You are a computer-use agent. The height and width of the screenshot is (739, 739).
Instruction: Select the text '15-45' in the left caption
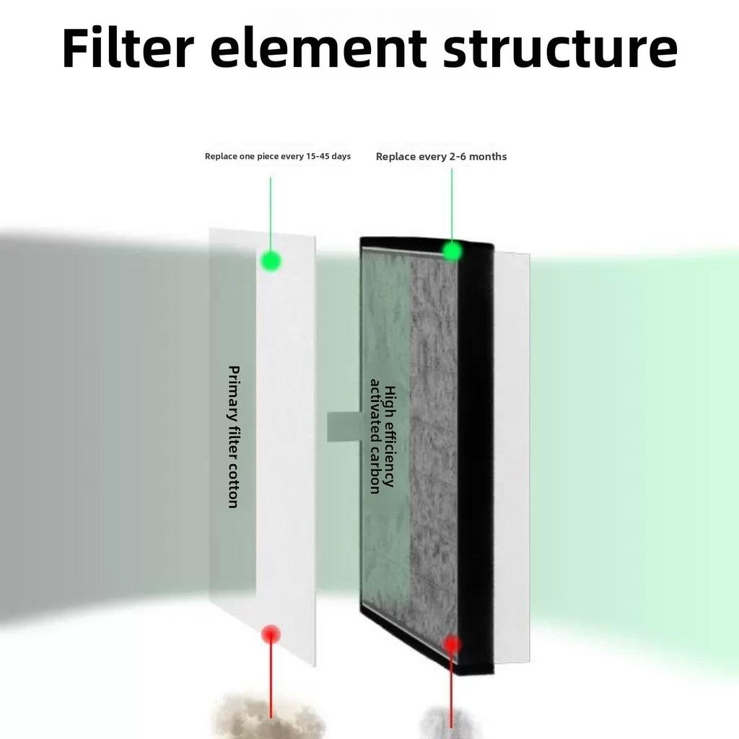(x=318, y=156)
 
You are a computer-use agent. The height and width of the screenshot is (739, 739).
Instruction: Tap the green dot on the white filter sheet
(x=271, y=261)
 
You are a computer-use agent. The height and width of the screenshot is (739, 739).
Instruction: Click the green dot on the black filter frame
(x=452, y=250)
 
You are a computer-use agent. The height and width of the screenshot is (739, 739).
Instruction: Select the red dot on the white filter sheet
(x=271, y=634)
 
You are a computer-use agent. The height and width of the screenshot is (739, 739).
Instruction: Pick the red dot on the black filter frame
(x=452, y=644)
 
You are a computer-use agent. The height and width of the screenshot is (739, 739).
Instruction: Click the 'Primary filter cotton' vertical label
(x=233, y=437)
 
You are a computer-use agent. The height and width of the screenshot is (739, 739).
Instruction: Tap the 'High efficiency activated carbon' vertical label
(x=382, y=436)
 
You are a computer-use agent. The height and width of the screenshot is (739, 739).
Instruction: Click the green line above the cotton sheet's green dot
(x=271, y=214)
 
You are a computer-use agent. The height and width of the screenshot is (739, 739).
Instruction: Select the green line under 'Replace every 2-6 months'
(x=452, y=204)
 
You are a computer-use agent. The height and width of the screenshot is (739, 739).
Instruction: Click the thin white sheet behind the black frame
(x=512, y=457)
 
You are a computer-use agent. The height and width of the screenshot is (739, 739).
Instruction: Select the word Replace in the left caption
(x=221, y=157)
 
